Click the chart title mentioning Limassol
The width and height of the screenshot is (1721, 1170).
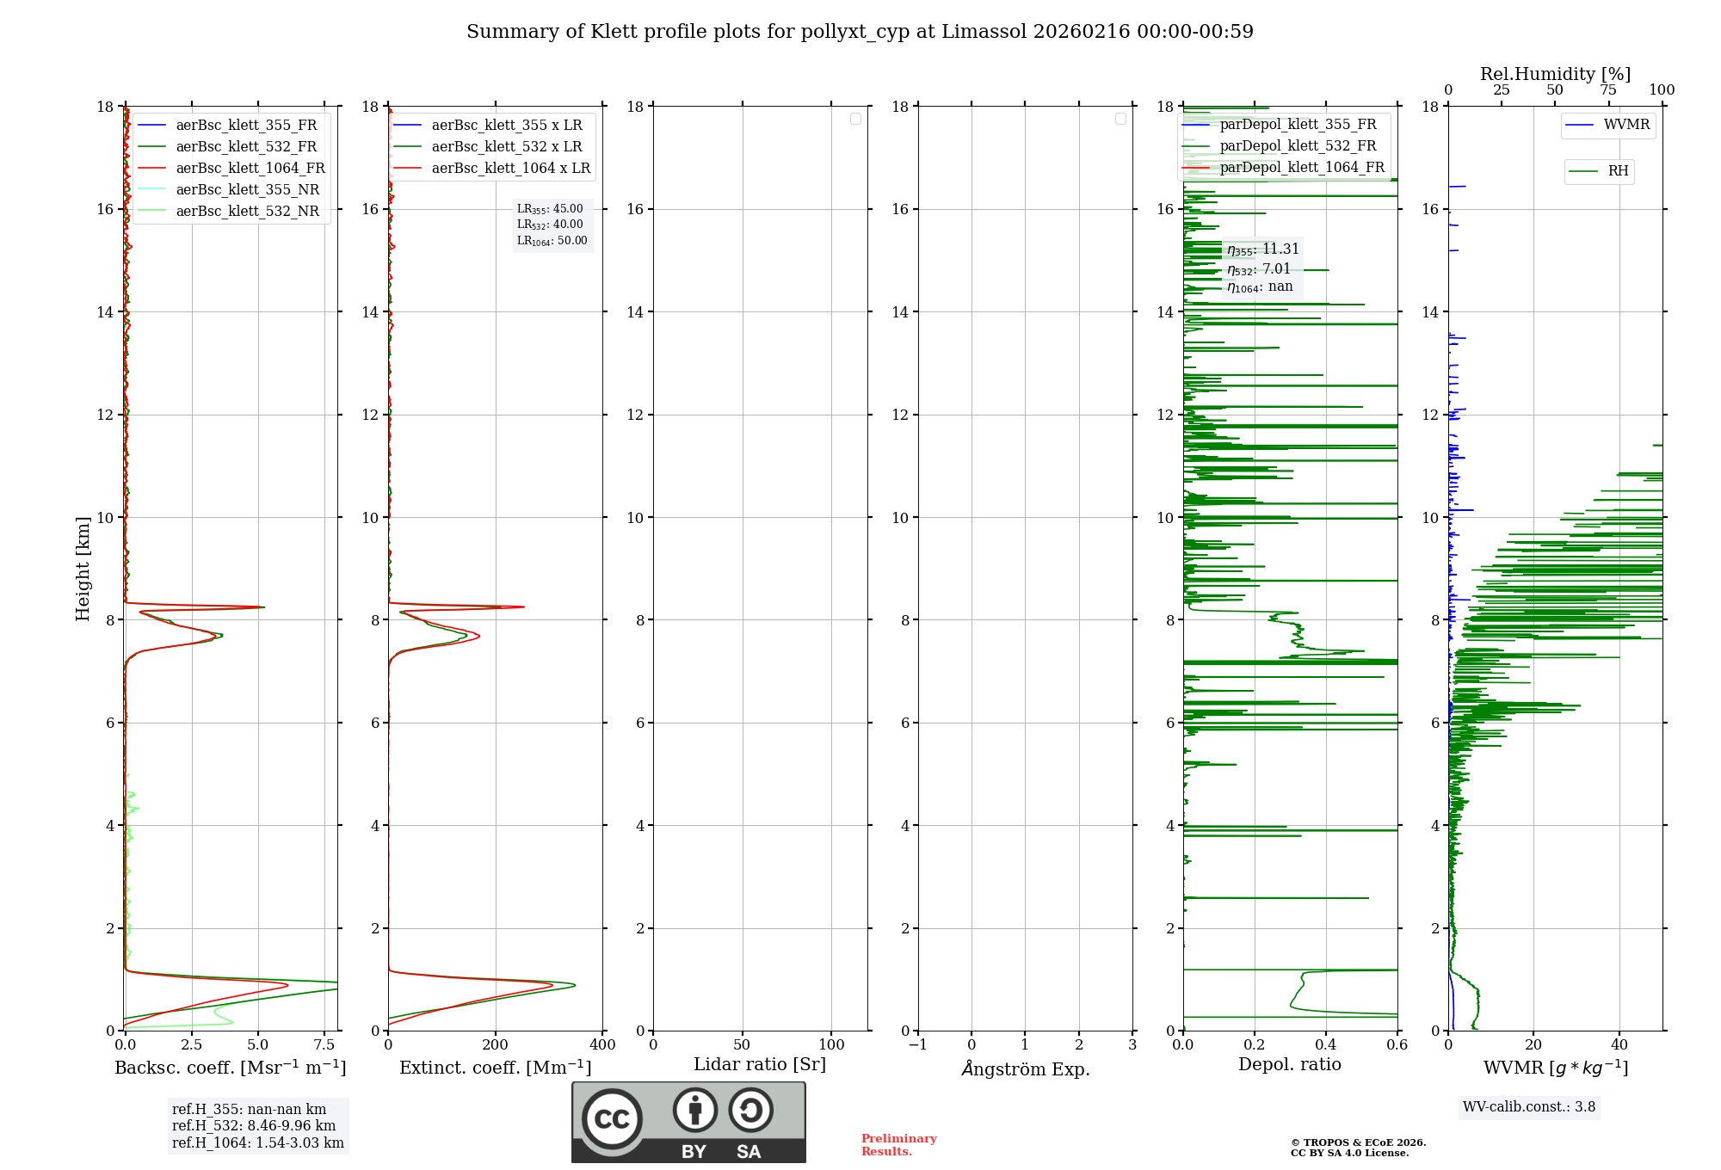[x=860, y=32]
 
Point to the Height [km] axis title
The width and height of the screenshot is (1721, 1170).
[x=83, y=569]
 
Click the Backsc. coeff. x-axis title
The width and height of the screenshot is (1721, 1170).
[x=231, y=1068]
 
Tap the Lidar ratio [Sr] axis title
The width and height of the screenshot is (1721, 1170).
[x=760, y=1065]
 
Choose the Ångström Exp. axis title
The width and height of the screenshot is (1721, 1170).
[x=1026, y=1069]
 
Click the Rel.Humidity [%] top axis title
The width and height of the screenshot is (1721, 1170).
[x=1555, y=74]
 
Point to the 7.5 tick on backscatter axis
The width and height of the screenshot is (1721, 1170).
[x=324, y=1045]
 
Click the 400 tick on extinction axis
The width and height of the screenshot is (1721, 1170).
[x=602, y=1045]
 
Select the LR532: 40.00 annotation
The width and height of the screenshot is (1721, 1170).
[x=550, y=225]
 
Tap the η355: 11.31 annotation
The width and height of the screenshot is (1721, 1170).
[x=1263, y=249]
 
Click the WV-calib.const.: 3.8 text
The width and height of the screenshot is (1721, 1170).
[x=1529, y=1107]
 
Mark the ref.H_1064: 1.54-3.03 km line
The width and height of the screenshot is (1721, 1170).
[x=258, y=1143]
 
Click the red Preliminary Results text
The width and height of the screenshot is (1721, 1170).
[x=898, y=1145]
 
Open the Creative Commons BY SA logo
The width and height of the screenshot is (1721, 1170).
[x=688, y=1122]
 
